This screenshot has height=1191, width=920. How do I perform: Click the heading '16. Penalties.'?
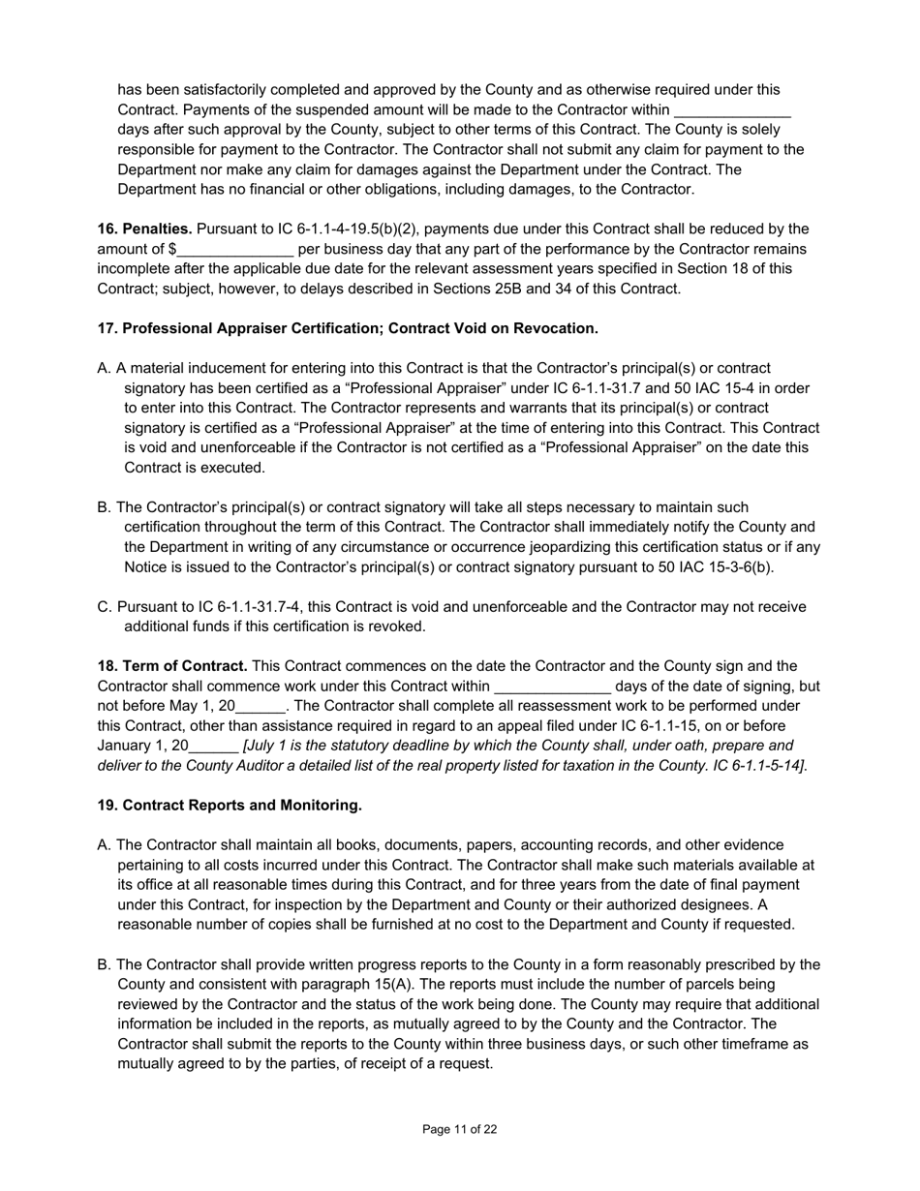point(144,229)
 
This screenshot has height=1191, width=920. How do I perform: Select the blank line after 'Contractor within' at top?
point(732,111)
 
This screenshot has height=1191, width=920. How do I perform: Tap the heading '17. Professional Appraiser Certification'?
point(347,328)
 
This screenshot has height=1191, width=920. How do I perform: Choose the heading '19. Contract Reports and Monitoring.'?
point(230,806)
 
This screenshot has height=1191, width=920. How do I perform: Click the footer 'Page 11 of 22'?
point(460,1129)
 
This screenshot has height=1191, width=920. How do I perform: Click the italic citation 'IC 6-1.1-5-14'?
point(755,766)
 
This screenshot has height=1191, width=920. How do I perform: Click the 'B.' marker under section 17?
point(105,507)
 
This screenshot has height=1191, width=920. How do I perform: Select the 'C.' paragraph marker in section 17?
point(105,607)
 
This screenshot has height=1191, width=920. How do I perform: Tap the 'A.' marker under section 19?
point(105,845)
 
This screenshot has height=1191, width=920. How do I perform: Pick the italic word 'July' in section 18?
point(265,746)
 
